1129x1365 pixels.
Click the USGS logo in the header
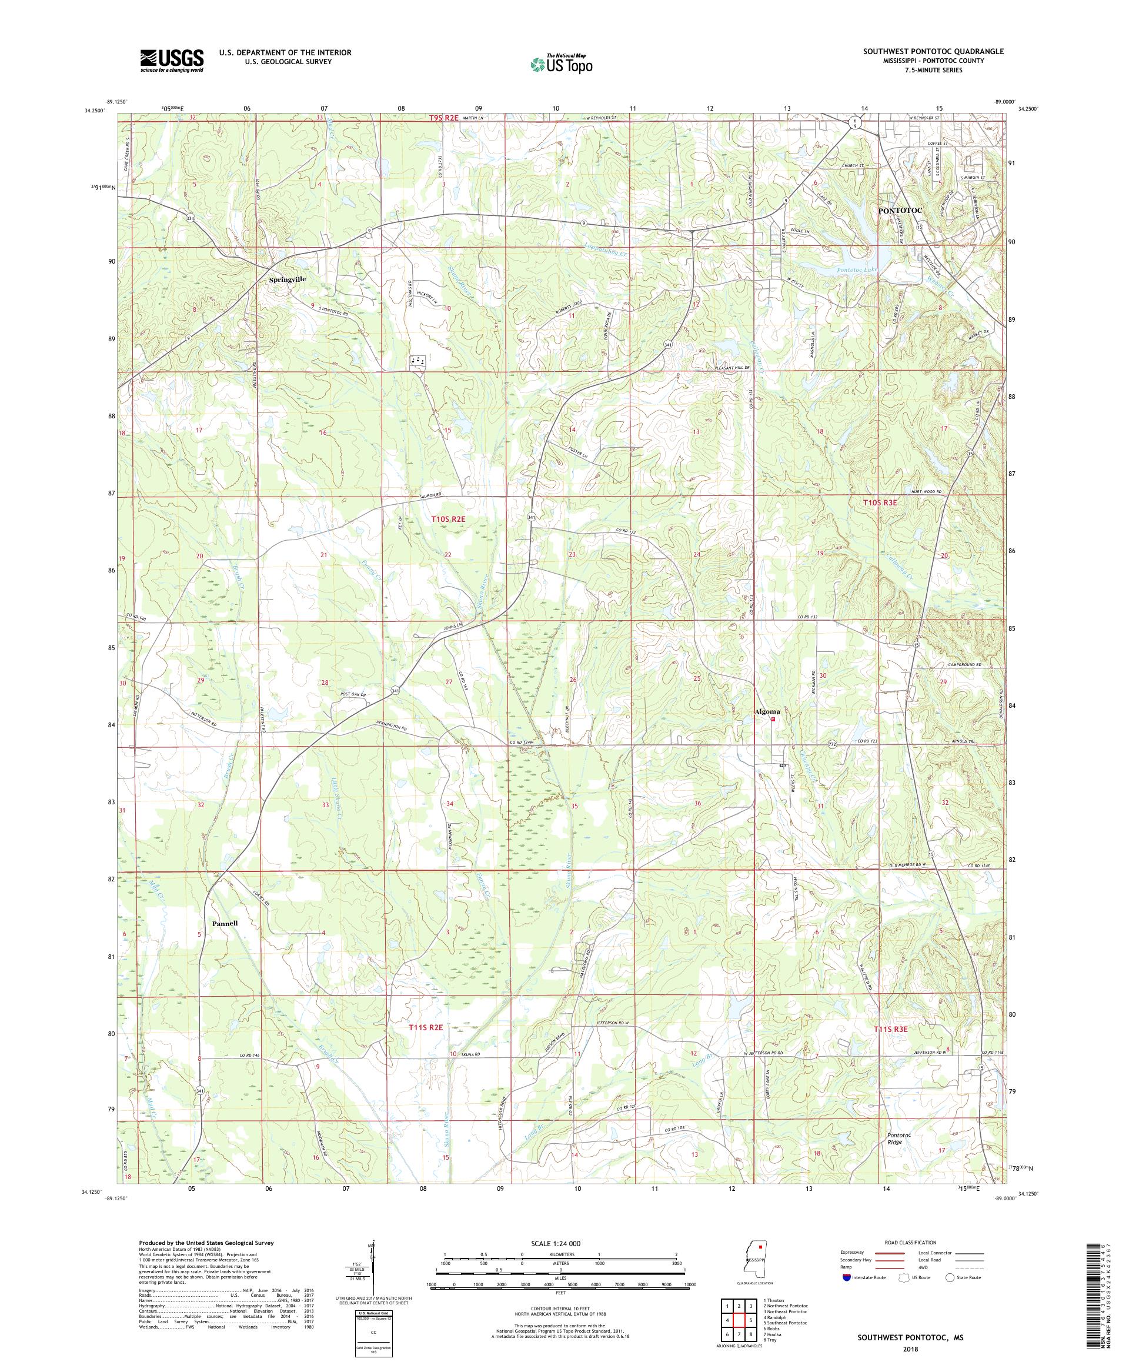[172, 61]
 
